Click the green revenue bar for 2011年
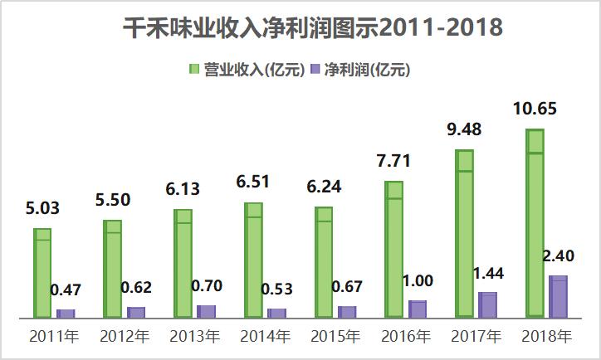coord(42,273)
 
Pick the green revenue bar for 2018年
coord(536,223)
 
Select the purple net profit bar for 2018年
coord(559,296)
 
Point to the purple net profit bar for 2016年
coord(418,309)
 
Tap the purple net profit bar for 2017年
coord(488,304)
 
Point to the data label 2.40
coord(561,255)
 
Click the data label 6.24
coord(323,187)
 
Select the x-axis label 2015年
coord(336,337)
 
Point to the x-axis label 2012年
coord(125,337)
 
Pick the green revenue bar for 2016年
coord(394,249)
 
